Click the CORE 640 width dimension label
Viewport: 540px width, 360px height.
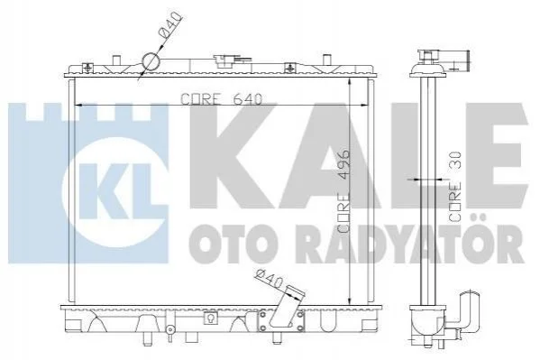[222, 99]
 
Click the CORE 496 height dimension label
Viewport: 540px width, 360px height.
[344, 191]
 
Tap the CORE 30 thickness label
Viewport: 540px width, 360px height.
[455, 187]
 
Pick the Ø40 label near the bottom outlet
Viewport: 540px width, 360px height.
[270, 278]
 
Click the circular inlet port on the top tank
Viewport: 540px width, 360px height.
[151, 62]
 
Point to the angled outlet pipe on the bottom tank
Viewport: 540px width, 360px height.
[284, 307]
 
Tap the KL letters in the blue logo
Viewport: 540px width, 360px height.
[115, 191]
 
